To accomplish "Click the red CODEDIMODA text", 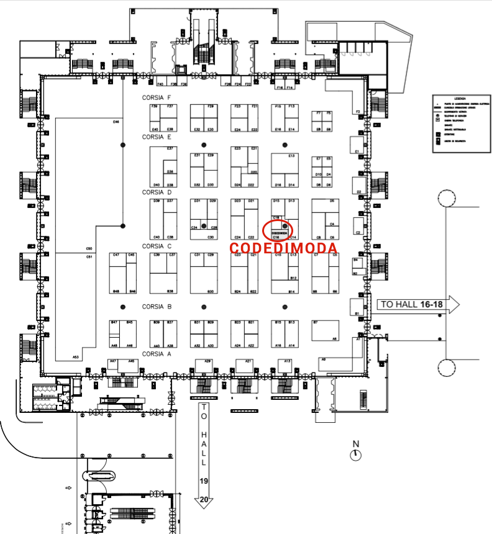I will pos(284,248).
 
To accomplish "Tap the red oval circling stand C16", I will pos(277,230).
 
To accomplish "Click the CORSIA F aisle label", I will pos(157,98).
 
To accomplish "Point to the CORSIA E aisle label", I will pos(157,137).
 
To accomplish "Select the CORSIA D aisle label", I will pos(157,192).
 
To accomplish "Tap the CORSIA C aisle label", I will pos(157,247).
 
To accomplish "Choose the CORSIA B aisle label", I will pos(157,307).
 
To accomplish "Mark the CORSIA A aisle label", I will pos(157,354).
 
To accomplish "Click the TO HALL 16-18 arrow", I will pos(417,304).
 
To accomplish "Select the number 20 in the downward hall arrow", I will pos(203,499).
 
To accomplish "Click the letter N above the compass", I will pos(356,444).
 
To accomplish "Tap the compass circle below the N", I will pos(356,455).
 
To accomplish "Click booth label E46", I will pos(116,122).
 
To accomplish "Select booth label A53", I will pos(76,357).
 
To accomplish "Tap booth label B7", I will pos(316,322).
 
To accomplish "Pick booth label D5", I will pos(332,201).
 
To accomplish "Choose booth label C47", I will pos(116,255).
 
